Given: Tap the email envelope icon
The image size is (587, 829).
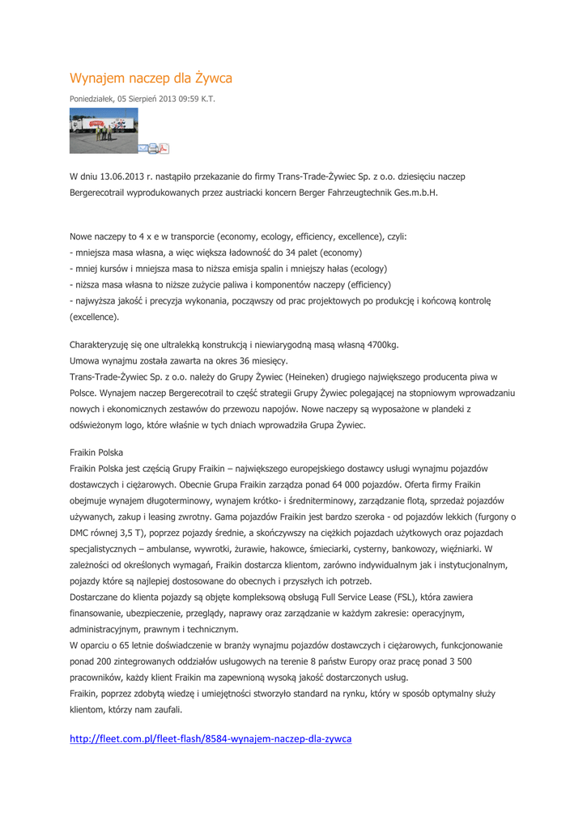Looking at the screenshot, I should [142, 148].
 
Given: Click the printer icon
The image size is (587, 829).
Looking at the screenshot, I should [153, 148].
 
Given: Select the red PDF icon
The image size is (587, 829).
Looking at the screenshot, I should [164, 148].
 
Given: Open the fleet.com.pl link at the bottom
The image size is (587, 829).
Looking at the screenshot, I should [211, 739].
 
